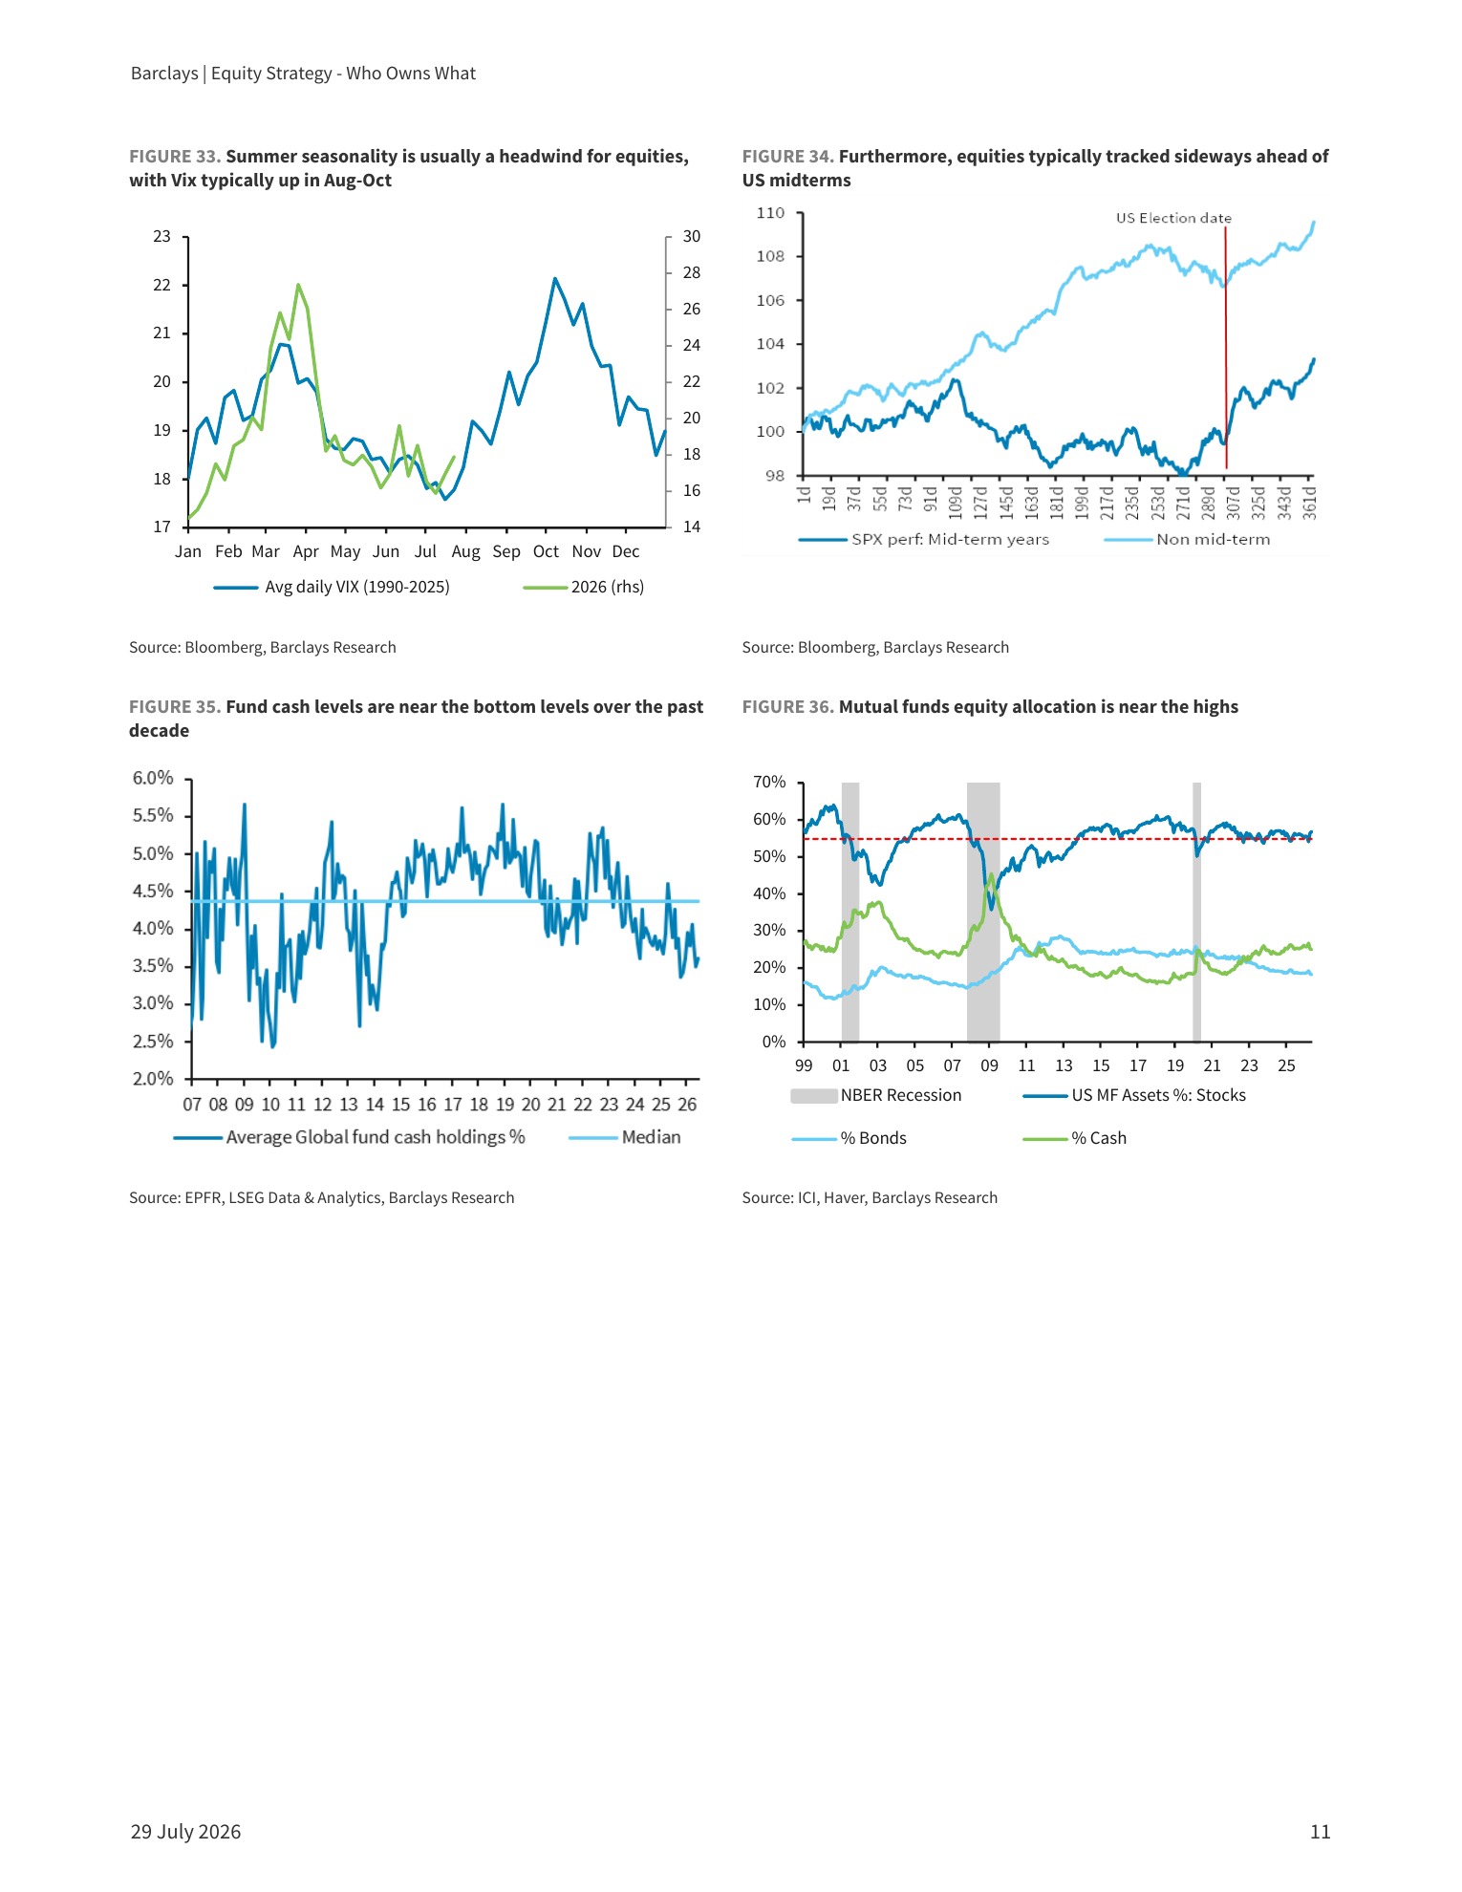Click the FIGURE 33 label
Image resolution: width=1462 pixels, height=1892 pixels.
click(175, 157)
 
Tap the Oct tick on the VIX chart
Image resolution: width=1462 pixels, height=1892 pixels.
click(546, 551)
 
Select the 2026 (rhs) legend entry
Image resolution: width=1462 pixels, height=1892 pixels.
click(584, 587)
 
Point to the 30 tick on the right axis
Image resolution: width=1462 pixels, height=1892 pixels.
click(692, 236)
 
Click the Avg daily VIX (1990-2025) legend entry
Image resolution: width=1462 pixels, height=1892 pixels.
click(332, 587)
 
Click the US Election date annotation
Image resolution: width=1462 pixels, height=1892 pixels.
click(1173, 218)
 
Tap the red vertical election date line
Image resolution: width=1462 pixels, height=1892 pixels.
click(1226, 348)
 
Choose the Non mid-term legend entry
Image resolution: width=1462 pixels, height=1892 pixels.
click(1187, 539)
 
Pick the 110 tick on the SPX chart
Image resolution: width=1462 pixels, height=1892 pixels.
click(770, 212)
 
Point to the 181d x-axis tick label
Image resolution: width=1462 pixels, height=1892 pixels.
click(1056, 501)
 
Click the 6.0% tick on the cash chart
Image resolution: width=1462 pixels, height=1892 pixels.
click(153, 778)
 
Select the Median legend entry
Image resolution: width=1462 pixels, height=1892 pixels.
click(625, 1137)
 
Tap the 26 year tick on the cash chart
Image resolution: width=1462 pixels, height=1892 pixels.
click(687, 1105)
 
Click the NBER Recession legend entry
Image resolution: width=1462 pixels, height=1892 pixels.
click(876, 1095)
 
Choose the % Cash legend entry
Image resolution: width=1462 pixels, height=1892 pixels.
click(1074, 1138)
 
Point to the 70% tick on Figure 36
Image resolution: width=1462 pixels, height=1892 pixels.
click(769, 782)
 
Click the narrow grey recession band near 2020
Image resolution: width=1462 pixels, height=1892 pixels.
click(1196, 912)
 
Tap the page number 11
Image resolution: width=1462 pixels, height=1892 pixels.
click(1320, 1832)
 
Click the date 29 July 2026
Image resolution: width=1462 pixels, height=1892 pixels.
click(185, 1832)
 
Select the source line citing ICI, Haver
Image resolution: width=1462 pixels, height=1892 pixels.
click(870, 1197)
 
